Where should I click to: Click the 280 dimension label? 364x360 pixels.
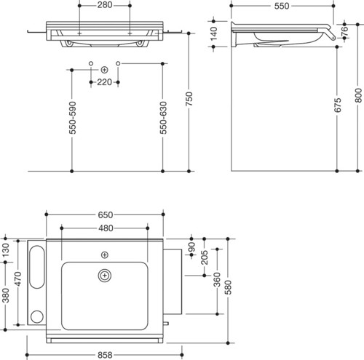(105, 5)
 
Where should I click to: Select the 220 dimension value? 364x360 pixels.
(104, 82)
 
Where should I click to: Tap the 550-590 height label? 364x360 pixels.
(73, 118)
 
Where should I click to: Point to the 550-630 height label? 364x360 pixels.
(163, 118)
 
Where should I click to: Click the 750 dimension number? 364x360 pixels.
(189, 99)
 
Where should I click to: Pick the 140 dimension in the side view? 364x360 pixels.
(213, 33)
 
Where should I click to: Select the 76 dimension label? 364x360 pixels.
(345, 31)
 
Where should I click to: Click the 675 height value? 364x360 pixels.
(338, 105)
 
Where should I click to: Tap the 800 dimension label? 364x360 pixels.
(358, 95)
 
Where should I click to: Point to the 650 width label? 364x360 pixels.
(106, 215)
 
